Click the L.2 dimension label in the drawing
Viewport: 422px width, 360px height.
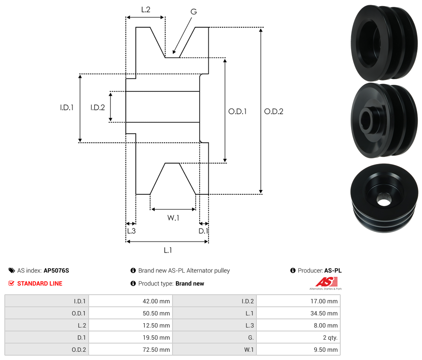click(145, 9)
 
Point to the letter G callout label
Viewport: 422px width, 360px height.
click(193, 12)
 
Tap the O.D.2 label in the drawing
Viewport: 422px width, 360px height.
click(274, 111)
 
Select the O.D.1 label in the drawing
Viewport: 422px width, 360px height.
click(237, 111)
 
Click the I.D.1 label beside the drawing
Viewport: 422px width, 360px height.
click(67, 108)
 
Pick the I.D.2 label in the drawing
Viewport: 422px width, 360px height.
click(98, 108)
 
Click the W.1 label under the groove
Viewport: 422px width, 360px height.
click(173, 218)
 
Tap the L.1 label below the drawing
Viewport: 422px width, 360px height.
click(168, 250)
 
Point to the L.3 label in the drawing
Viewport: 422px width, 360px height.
click(131, 231)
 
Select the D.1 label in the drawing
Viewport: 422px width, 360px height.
click(203, 231)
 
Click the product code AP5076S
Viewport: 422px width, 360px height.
click(56, 270)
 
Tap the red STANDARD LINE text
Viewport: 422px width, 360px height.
click(40, 283)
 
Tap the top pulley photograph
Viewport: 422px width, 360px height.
click(384, 42)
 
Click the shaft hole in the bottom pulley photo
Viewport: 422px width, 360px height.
click(383, 200)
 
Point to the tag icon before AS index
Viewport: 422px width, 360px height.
click(12, 270)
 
